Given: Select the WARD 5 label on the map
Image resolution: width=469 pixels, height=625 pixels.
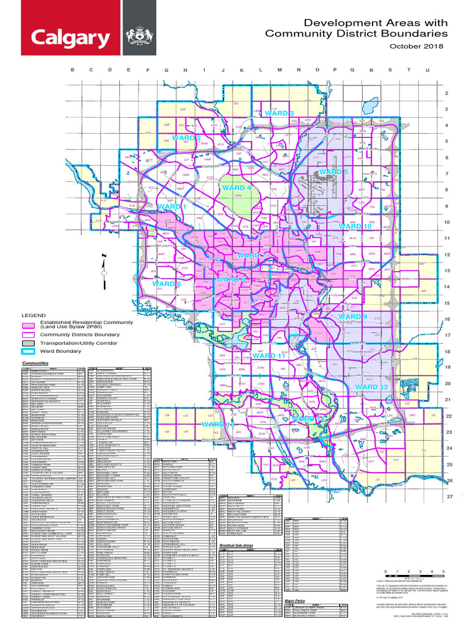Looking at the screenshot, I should (333, 173).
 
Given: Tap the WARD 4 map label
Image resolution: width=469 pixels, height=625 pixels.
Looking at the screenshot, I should (237, 188).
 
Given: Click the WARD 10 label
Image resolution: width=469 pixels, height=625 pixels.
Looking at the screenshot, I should (355, 226).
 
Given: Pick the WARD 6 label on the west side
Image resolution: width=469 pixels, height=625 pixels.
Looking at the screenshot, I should (167, 284).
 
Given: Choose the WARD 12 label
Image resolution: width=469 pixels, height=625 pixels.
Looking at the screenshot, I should (371, 387).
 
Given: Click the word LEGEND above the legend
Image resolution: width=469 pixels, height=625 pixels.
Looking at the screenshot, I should (34, 316).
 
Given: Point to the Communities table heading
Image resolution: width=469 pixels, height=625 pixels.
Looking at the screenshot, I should (35, 363).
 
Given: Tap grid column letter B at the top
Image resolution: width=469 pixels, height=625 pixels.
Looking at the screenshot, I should (73, 70).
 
